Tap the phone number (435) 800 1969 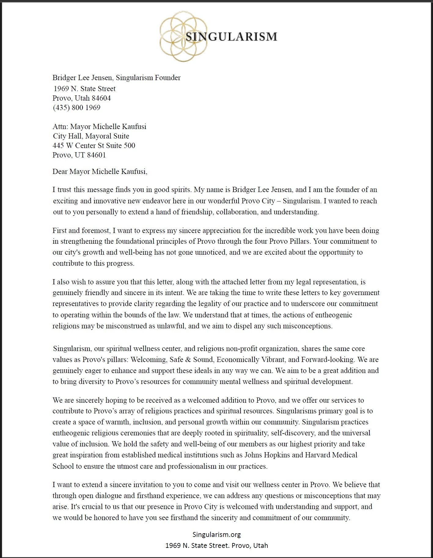[76, 108]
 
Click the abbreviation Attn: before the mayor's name [60, 127]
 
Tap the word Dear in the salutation [60, 172]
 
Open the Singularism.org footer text [216, 534]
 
